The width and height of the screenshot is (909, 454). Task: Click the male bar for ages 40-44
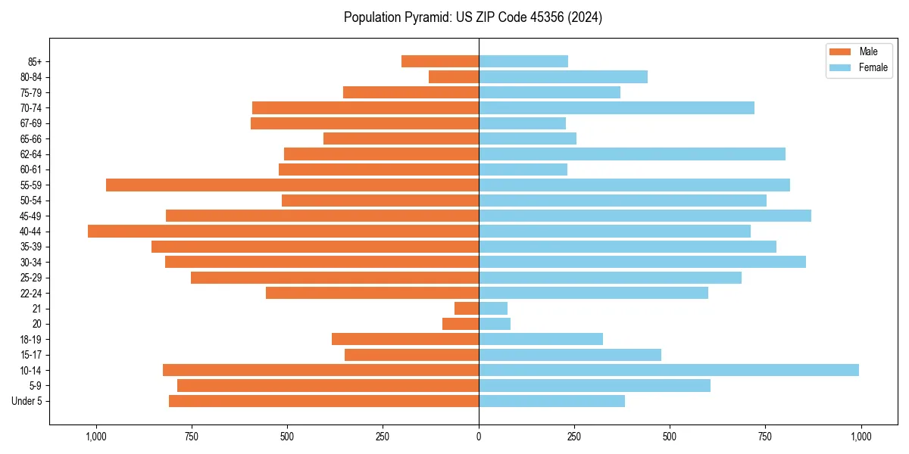(283, 232)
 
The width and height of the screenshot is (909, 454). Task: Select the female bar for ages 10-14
(669, 370)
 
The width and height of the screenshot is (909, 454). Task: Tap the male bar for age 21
(467, 309)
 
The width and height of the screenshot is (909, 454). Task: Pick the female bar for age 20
(495, 324)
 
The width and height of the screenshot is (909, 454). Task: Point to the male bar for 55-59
(292, 185)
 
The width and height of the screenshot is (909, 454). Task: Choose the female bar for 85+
(523, 61)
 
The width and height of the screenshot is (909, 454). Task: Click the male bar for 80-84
(454, 77)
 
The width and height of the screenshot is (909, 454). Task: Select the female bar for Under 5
(551, 401)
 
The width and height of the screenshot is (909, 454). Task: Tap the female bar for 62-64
(632, 154)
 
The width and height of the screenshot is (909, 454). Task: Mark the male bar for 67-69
(364, 123)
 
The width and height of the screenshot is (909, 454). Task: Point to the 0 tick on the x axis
(479, 437)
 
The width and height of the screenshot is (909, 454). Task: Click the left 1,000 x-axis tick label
(96, 437)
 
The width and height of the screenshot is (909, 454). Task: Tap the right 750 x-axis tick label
(765, 437)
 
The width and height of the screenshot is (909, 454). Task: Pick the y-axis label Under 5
(27, 401)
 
